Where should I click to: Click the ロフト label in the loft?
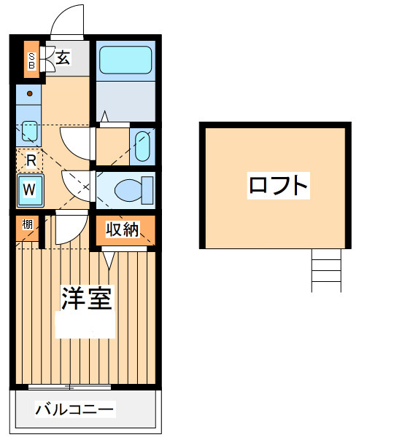pyautogui.click(x=278, y=185)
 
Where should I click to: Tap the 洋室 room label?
pyautogui.click(x=87, y=298)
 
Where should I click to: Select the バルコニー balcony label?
pyautogui.click(x=74, y=409)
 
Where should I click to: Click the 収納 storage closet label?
pyautogui.click(x=123, y=229)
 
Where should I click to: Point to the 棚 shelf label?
pyautogui.click(x=27, y=224)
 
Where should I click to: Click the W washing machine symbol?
pyautogui.click(x=30, y=191)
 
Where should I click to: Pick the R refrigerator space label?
pyautogui.click(x=31, y=161)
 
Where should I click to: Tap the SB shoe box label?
pyautogui.click(x=31, y=60)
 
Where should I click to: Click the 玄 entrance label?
pyautogui.click(x=63, y=58)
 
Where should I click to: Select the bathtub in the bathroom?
pyautogui.click(x=125, y=60)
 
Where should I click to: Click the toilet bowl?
pyautogui.click(x=128, y=190)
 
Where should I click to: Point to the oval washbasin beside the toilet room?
pyautogui.click(x=142, y=146)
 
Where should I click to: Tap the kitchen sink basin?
pyautogui.click(x=29, y=131)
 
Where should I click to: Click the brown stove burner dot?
pyautogui.click(x=29, y=94)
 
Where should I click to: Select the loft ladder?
pyautogui.click(x=326, y=270)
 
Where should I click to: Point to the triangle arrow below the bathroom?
pyautogui.click(x=104, y=117)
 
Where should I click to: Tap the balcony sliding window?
pyautogui.click(x=70, y=388)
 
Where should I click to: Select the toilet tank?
pyautogui.click(x=147, y=190)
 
